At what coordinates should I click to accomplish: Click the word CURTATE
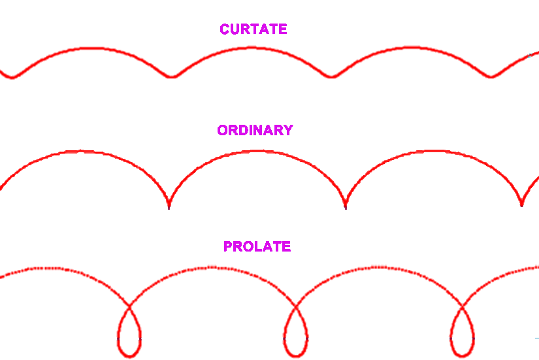(253, 29)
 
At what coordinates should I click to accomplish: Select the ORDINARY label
(255, 131)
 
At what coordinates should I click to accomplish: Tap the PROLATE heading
(257, 247)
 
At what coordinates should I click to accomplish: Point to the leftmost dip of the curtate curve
(10, 77)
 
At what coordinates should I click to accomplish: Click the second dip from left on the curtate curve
(172, 77)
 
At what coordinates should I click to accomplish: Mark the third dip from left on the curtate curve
(331, 77)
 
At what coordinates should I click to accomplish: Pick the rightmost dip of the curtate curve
(491, 77)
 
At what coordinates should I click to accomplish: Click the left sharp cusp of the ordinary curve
(169, 205)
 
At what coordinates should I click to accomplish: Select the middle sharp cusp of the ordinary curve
(346, 205)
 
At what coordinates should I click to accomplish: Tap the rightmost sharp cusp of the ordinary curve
(521, 204)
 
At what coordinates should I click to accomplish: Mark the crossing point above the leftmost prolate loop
(129, 305)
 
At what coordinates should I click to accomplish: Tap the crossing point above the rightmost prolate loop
(462, 305)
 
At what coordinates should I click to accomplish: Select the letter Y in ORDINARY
(287, 131)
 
